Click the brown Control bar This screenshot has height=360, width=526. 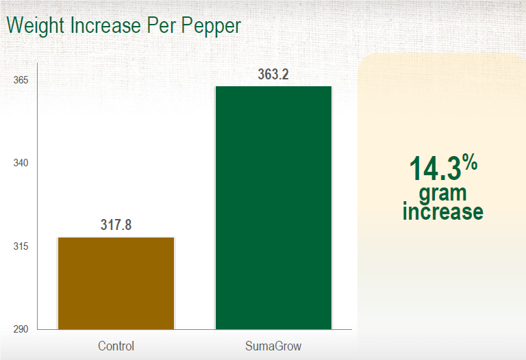tap(116, 283)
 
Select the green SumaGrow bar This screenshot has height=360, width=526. tap(273, 208)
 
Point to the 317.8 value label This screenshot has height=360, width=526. tap(116, 225)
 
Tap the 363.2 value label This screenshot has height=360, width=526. tap(273, 75)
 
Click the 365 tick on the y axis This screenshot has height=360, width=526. tap(21, 80)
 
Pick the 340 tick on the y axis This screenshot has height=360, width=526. tap(21, 164)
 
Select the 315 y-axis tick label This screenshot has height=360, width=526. tap(21, 246)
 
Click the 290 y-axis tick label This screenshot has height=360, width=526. tap(21, 329)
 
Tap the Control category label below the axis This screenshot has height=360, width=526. tap(116, 346)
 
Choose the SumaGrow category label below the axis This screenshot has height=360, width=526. tap(273, 346)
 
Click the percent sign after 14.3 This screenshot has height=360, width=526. tap(469, 162)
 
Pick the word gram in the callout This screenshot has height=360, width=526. tap(442, 193)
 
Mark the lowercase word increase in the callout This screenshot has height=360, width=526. tap(442, 211)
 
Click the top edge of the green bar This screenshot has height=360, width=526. tap(273, 87)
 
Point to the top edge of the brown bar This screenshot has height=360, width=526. tap(116, 237)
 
